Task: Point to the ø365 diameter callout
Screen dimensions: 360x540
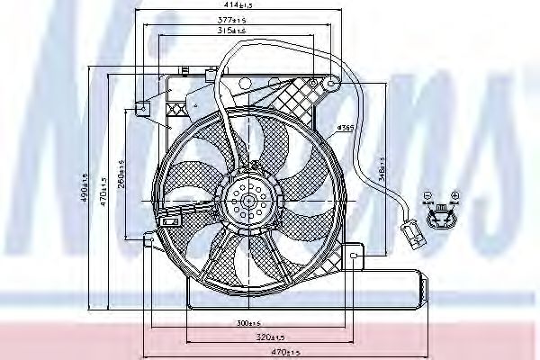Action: tap(344, 127)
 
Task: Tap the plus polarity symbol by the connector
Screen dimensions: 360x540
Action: tap(455, 195)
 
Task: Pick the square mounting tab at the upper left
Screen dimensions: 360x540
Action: tap(140, 107)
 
